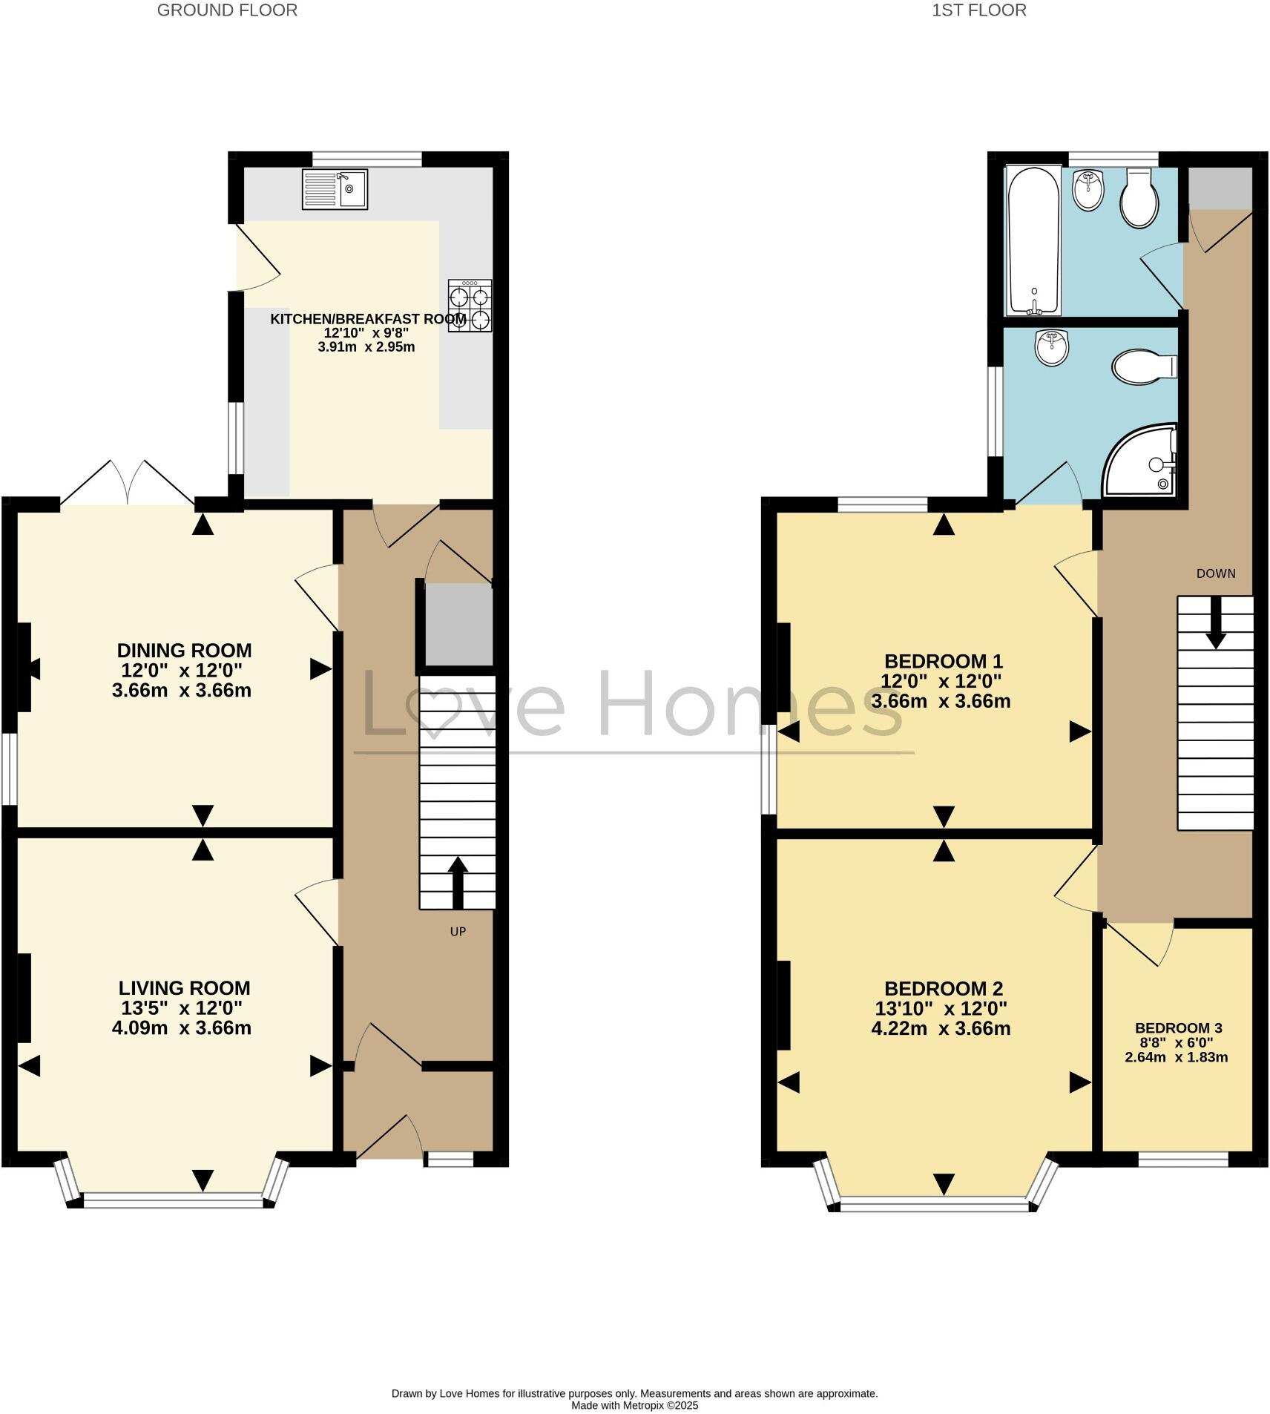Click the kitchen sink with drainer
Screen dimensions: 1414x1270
tap(335, 189)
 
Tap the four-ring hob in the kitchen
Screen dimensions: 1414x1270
tap(470, 305)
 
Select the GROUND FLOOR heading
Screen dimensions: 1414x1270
tap(227, 10)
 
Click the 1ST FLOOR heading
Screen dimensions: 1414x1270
tap(979, 10)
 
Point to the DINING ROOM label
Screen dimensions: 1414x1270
tap(185, 651)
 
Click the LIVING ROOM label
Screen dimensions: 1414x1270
tap(185, 988)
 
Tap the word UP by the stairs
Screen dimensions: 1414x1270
tap(458, 932)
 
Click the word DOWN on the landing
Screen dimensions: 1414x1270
tap(1216, 573)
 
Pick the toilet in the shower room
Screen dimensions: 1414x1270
tap(1143, 366)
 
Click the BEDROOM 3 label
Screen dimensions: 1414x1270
tap(1178, 1028)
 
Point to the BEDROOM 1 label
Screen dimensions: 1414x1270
tap(944, 661)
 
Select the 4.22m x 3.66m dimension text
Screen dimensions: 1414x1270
tap(941, 1029)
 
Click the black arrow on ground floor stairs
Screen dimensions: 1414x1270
tap(458, 882)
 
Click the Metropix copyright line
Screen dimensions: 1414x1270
tap(634, 1405)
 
